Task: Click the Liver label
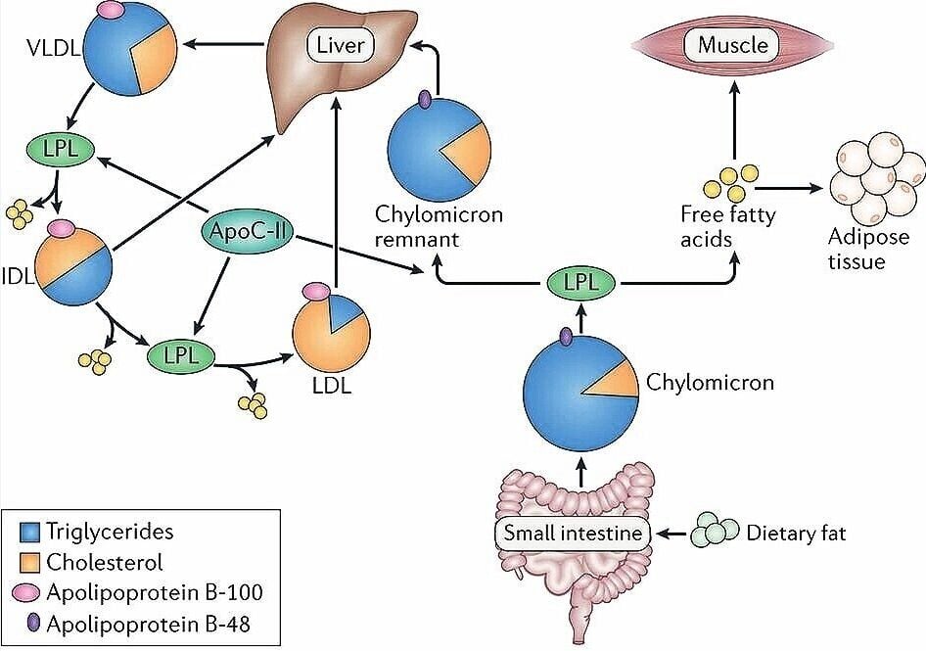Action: point(337,44)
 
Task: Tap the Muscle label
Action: point(732,44)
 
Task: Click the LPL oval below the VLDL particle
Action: point(59,150)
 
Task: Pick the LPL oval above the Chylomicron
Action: point(581,285)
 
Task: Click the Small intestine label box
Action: point(574,534)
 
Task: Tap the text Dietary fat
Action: point(797,534)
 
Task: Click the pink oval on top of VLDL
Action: point(115,10)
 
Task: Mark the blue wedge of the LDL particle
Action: point(344,316)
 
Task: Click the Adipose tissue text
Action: point(857,249)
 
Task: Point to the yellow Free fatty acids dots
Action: point(735,180)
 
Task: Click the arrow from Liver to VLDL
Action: point(226,44)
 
